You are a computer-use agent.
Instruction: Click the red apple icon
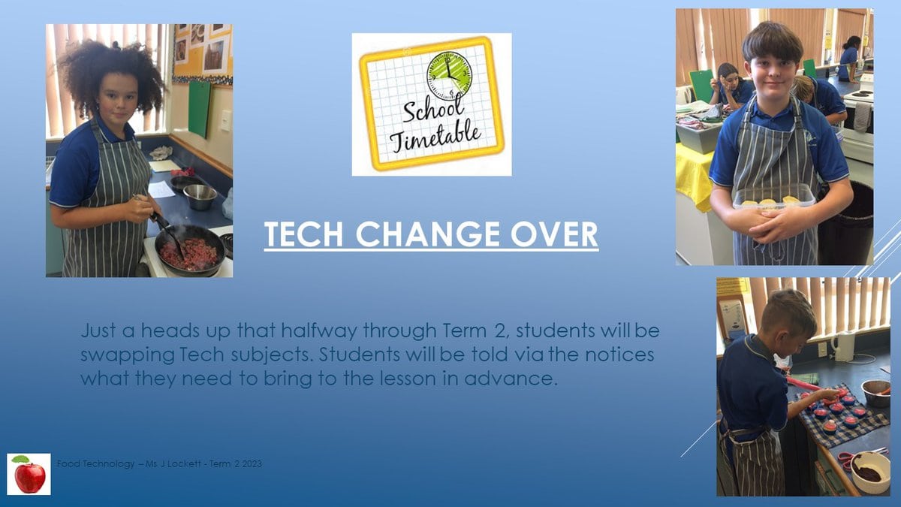point(29,474)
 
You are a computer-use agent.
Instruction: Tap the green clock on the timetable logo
point(449,76)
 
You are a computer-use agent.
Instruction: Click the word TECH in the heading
point(303,234)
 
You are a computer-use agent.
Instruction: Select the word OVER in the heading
point(554,234)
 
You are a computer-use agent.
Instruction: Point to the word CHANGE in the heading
point(426,234)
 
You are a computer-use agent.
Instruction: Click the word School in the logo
point(433,110)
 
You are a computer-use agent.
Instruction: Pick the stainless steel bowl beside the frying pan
point(200,197)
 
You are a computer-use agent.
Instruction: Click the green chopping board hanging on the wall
point(200,108)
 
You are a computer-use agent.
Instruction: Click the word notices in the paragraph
point(619,355)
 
